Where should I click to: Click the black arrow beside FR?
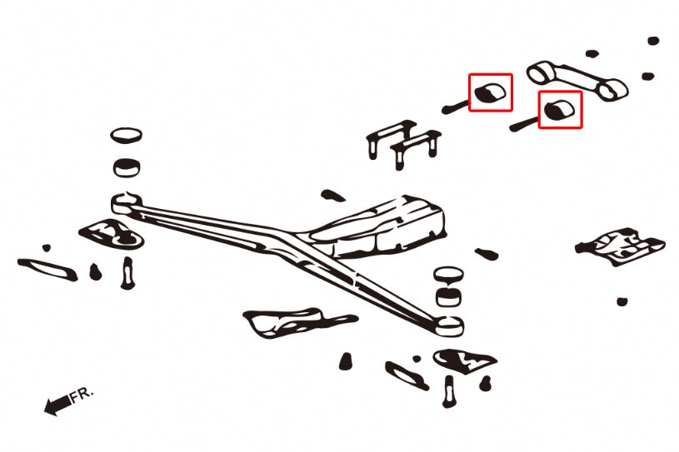tap(57, 405)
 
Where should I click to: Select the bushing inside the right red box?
tap(560, 109)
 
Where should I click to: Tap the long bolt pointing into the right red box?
tap(523, 123)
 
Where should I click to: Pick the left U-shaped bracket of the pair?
tap(389, 139)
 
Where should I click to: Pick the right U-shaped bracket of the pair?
tap(417, 148)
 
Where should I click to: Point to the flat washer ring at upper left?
tap(126, 135)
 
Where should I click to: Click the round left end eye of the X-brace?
tap(125, 200)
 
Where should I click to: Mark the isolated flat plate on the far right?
tap(620, 245)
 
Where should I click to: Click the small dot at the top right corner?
tap(653, 40)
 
